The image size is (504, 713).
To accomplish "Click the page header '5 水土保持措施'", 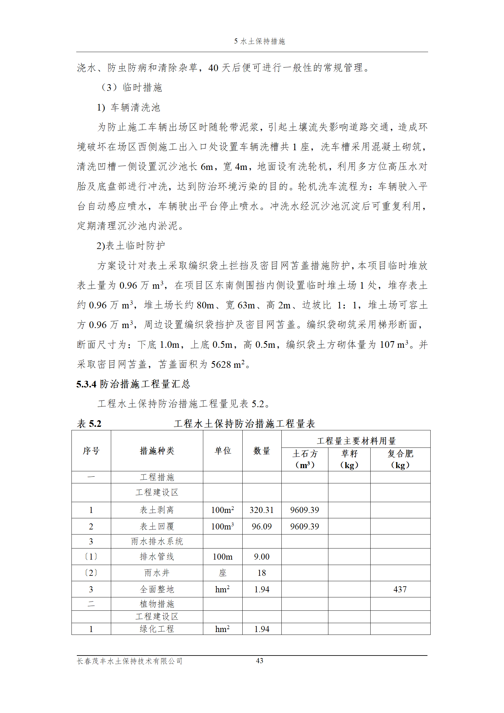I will point(259,41).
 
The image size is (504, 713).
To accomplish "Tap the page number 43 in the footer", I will point(259,661).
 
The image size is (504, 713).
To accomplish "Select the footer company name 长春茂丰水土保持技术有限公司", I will point(130,661).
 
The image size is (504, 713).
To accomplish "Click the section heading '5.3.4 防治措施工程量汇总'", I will point(133,384).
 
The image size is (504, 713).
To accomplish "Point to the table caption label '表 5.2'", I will point(89,424).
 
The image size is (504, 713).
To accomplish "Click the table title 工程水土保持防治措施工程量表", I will point(244,424).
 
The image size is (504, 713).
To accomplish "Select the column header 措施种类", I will point(157,451).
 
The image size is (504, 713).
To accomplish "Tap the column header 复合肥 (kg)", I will point(400,459).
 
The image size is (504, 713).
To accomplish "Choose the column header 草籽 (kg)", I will point(349,459).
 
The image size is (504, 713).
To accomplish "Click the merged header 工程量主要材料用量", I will point(356,441).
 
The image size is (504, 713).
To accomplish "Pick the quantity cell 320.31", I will point(262,510).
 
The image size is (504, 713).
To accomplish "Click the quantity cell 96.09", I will point(262,527).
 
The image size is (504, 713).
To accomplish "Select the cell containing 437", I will point(400,589).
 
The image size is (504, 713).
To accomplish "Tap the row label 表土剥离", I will point(157,510).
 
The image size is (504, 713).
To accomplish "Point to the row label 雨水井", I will point(157,573).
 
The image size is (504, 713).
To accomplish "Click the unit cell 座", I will point(223,573).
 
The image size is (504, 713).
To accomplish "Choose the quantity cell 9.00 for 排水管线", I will point(262,557).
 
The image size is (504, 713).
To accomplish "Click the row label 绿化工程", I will point(157,629).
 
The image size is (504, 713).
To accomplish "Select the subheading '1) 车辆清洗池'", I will point(129,108).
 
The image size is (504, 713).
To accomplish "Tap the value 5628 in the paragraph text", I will point(221,365).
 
